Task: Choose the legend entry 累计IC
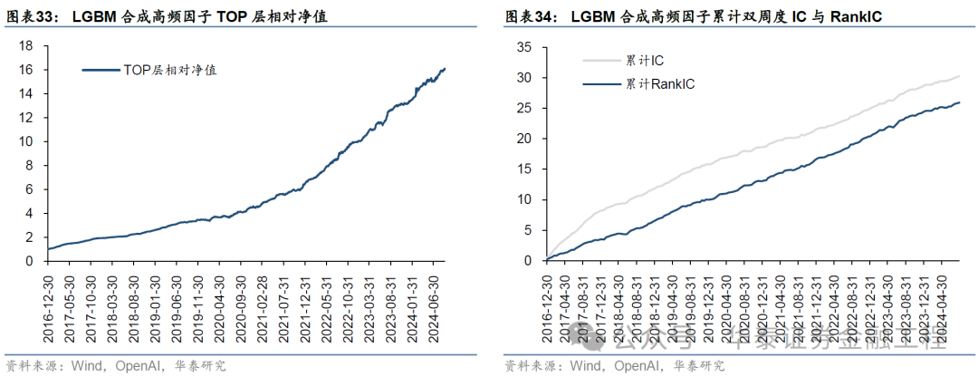644,61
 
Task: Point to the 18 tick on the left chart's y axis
27,45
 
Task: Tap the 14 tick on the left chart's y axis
27,93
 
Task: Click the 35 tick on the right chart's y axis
522,46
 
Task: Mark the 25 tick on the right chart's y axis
522,108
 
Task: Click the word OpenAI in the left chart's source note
139,366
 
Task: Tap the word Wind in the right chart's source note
586,366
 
